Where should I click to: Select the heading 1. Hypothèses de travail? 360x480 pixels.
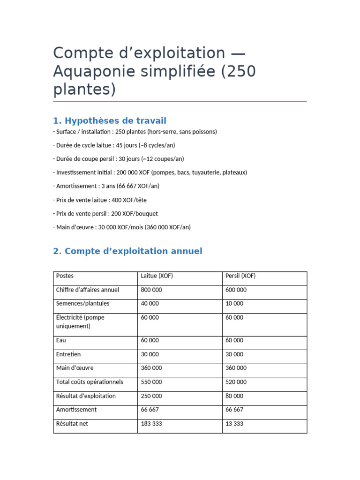coord(110,120)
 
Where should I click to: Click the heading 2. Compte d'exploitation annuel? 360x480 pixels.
coord(127,251)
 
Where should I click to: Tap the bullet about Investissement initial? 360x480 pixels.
coord(150,172)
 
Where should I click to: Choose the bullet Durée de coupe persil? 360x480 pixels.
coord(119,159)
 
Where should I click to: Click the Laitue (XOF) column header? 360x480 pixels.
coord(157,276)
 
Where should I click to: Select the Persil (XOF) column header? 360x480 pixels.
coord(240,276)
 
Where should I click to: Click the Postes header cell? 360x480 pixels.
coord(65,276)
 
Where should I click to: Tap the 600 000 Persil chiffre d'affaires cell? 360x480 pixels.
coord(236,290)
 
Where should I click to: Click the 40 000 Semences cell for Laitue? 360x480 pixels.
coord(150,304)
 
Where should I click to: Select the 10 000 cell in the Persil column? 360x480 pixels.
coord(234,304)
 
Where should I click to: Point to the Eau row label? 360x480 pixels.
coord(61,341)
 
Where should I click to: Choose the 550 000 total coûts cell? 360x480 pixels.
coord(151,382)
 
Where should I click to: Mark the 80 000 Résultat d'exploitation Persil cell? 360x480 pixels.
coord(234,396)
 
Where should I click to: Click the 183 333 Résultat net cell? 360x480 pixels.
coord(151,424)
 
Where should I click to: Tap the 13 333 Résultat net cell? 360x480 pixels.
coord(234,424)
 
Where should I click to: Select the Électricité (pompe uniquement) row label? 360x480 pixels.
coord(80,322)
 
